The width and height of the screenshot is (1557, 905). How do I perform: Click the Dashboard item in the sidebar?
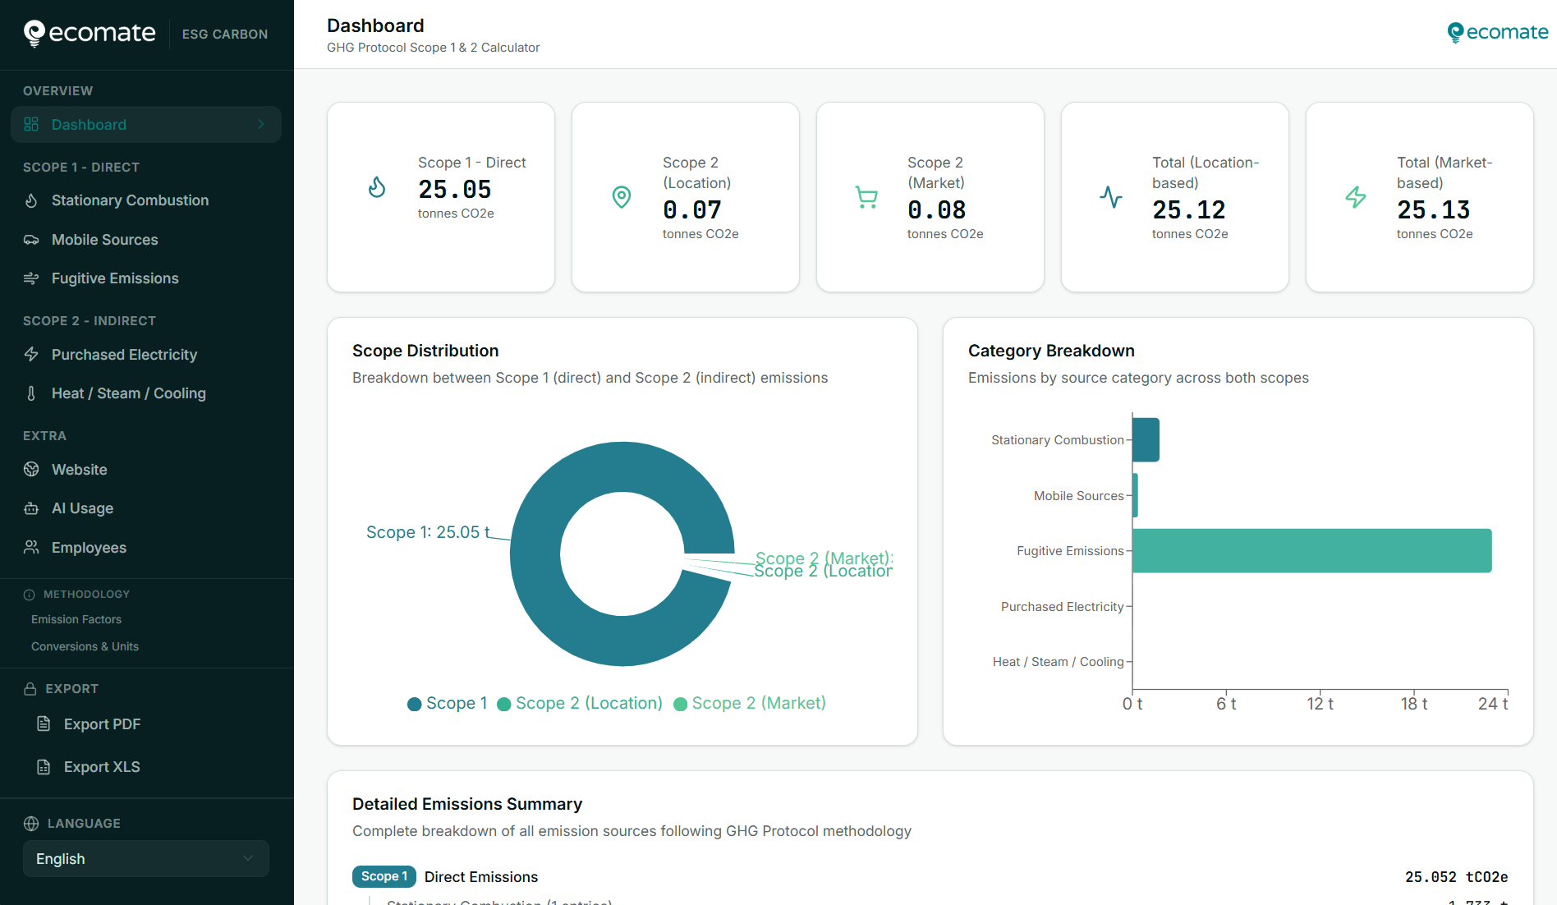point(89,125)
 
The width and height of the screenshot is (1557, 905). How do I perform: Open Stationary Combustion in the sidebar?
point(130,200)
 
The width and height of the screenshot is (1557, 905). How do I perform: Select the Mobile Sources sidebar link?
point(104,240)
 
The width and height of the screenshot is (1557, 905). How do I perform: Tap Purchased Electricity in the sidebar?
point(124,355)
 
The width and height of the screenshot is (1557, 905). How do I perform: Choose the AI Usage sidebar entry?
point(82,508)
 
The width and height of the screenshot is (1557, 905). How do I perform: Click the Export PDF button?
point(102,724)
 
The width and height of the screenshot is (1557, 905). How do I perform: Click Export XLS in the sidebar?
point(102,767)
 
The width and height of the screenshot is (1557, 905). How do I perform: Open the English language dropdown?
point(145,858)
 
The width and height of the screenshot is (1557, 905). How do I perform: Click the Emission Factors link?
point(76,619)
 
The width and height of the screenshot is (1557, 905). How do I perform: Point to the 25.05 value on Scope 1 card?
point(454,190)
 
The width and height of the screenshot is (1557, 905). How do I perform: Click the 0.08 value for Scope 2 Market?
point(936,210)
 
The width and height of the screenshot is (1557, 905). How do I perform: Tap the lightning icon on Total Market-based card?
point(1355,197)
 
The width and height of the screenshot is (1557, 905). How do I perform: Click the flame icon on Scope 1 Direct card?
point(377,187)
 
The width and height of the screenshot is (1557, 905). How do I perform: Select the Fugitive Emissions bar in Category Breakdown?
point(1311,551)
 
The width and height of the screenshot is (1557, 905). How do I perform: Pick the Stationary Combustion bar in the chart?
point(1146,440)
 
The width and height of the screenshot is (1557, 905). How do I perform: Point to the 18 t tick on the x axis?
point(1413,704)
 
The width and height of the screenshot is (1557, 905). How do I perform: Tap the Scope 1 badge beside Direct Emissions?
point(384,876)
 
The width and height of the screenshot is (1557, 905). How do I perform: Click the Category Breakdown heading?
point(1051,351)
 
